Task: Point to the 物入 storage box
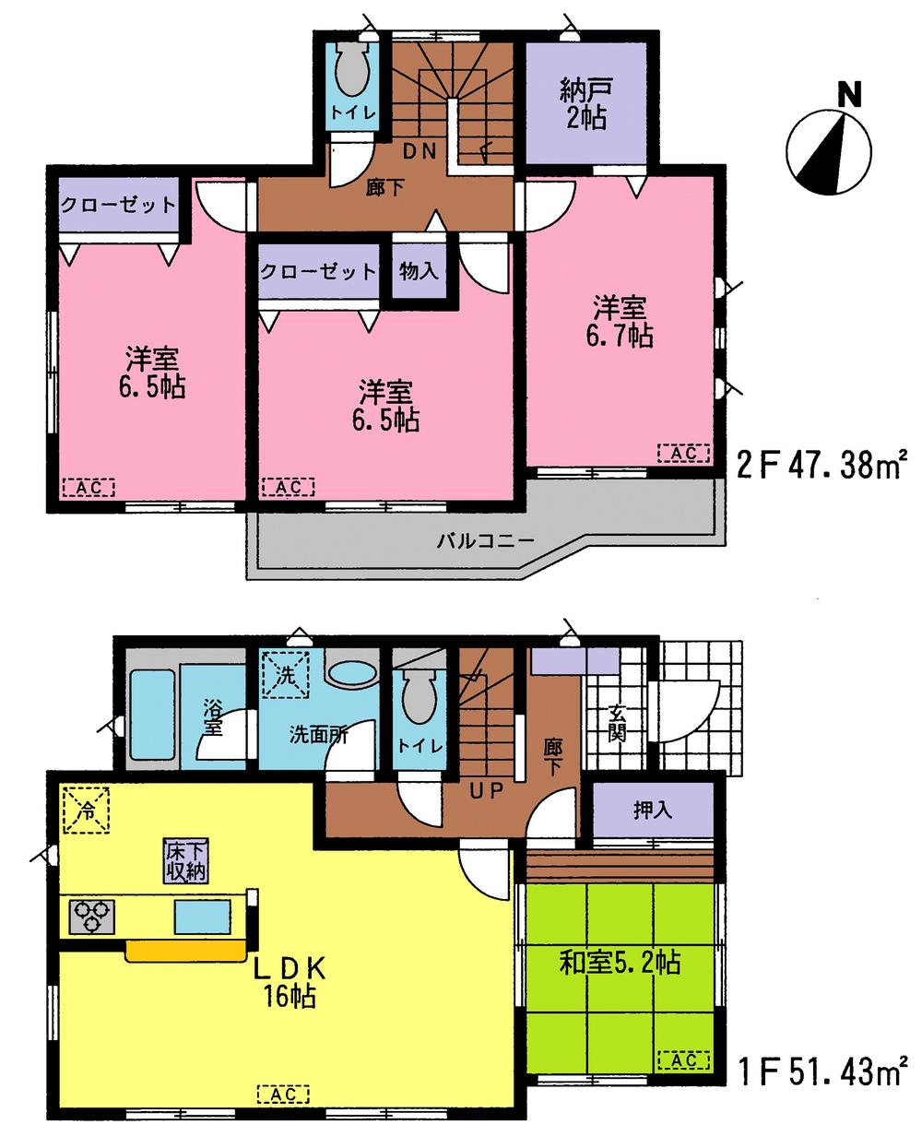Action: pos(420,271)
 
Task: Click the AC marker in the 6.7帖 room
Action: pos(683,453)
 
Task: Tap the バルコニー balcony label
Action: pos(485,540)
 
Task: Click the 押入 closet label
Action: pos(652,810)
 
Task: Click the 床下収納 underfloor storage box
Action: pos(186,861)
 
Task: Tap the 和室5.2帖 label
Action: pos(621,964)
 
